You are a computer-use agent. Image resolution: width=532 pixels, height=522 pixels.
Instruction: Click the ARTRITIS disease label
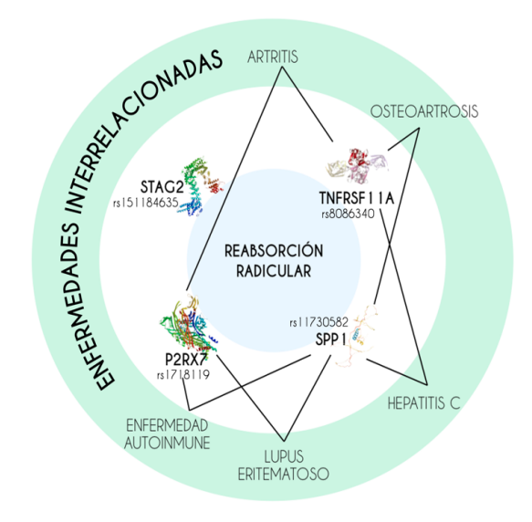(x=273, y=57)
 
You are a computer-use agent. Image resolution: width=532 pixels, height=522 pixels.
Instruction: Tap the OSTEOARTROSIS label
(x=424, y=111)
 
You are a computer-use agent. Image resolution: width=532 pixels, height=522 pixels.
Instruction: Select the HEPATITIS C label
(x=423, y=403)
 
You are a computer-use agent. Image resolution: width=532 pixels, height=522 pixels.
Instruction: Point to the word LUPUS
(x=284, y=456)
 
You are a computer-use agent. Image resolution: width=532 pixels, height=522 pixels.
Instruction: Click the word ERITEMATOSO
(x=283, y=475)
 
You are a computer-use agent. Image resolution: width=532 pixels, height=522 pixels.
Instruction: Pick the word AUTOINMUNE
(x=167, y=443)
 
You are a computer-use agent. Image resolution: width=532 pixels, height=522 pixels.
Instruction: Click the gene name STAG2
(x=162, y=187)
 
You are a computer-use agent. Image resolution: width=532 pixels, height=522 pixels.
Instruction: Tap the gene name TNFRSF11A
(x=356, y=198)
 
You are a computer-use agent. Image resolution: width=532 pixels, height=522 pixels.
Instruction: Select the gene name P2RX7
(x=186, y=359)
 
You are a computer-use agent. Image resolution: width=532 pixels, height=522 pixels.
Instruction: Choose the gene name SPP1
(x=330, y=339)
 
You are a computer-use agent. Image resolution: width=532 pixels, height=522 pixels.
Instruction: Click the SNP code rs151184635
(x=146, y=203)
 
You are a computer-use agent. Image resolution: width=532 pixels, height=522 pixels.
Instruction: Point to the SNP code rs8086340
(x=348, y=214)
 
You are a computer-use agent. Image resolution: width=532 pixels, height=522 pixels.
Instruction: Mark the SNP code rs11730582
(x=319, y=322)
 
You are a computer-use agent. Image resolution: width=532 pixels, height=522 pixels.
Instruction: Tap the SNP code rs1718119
(x=183, y=375)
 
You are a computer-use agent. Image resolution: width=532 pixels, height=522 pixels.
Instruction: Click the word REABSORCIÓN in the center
(x=274, y=251)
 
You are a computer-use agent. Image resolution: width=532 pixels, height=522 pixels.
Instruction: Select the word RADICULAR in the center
(x=274, y=271)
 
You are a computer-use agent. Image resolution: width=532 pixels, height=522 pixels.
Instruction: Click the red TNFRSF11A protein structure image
(x=357, y=165)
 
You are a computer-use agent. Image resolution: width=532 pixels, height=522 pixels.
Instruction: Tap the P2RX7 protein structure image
(x=187, y=324)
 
